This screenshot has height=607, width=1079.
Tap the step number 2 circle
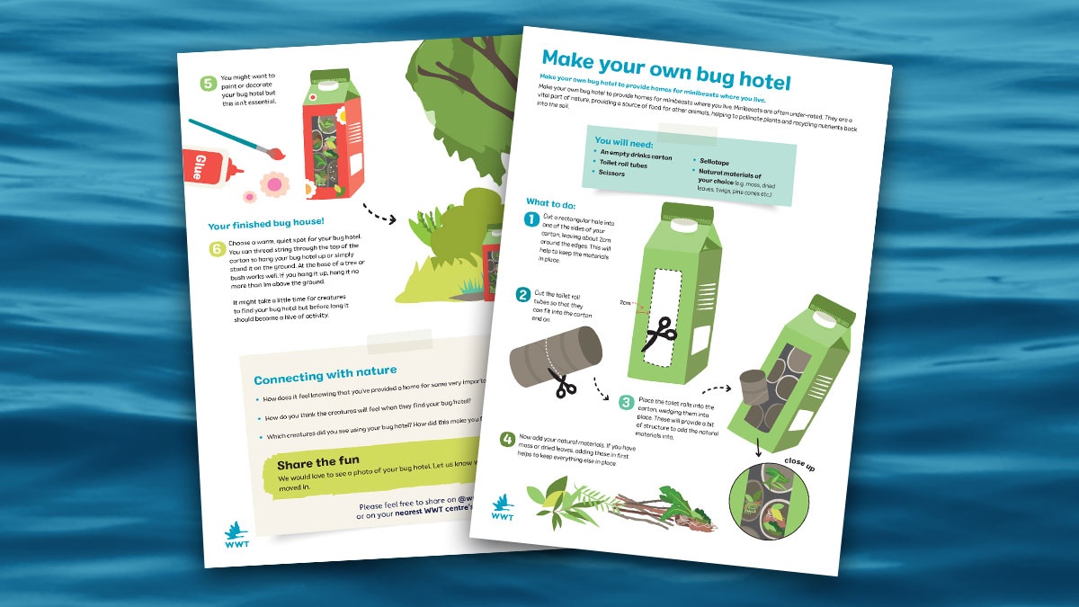[x=522, y=295]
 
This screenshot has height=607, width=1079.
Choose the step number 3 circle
[x=626, y=402]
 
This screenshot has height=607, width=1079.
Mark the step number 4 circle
[x=508, y=440]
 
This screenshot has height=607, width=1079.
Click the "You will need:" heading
[x=623, y=141]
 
